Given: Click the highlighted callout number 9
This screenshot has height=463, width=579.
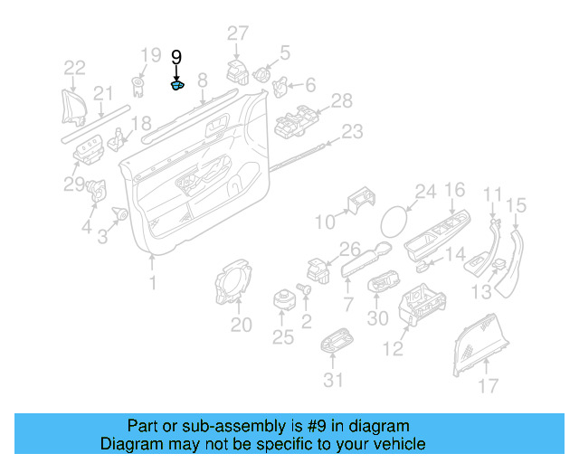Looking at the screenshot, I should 176,57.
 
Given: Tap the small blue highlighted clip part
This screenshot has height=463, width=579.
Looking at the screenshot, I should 178,86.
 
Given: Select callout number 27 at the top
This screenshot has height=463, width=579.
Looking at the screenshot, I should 237,34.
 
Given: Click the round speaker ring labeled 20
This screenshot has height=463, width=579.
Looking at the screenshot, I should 231,284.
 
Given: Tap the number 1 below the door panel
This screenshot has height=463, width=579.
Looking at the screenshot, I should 152,283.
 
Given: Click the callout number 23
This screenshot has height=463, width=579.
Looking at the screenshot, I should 351,132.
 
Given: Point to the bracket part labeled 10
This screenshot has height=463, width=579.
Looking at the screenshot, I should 359,203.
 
